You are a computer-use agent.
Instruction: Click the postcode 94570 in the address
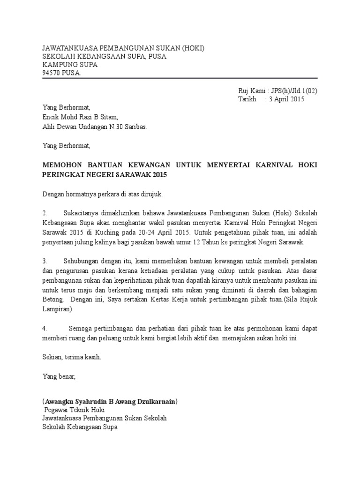pos(52,73)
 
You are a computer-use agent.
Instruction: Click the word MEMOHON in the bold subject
pos(61,165)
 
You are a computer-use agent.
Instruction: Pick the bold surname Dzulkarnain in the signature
pos(156,402)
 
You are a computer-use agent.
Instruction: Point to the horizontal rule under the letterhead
pos(180,79)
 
